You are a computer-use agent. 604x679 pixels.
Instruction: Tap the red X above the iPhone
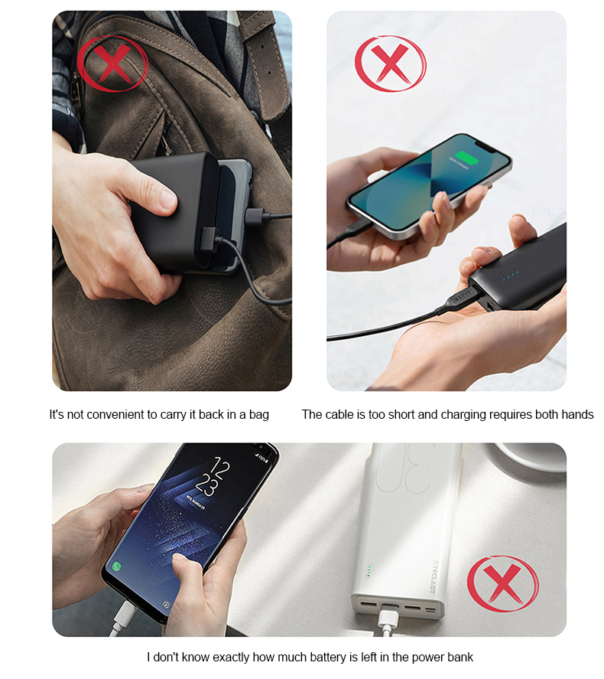click(390, 64)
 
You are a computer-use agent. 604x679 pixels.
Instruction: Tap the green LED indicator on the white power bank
click(369, 571)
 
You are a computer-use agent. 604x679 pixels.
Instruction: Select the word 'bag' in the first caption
click(258, 415)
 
